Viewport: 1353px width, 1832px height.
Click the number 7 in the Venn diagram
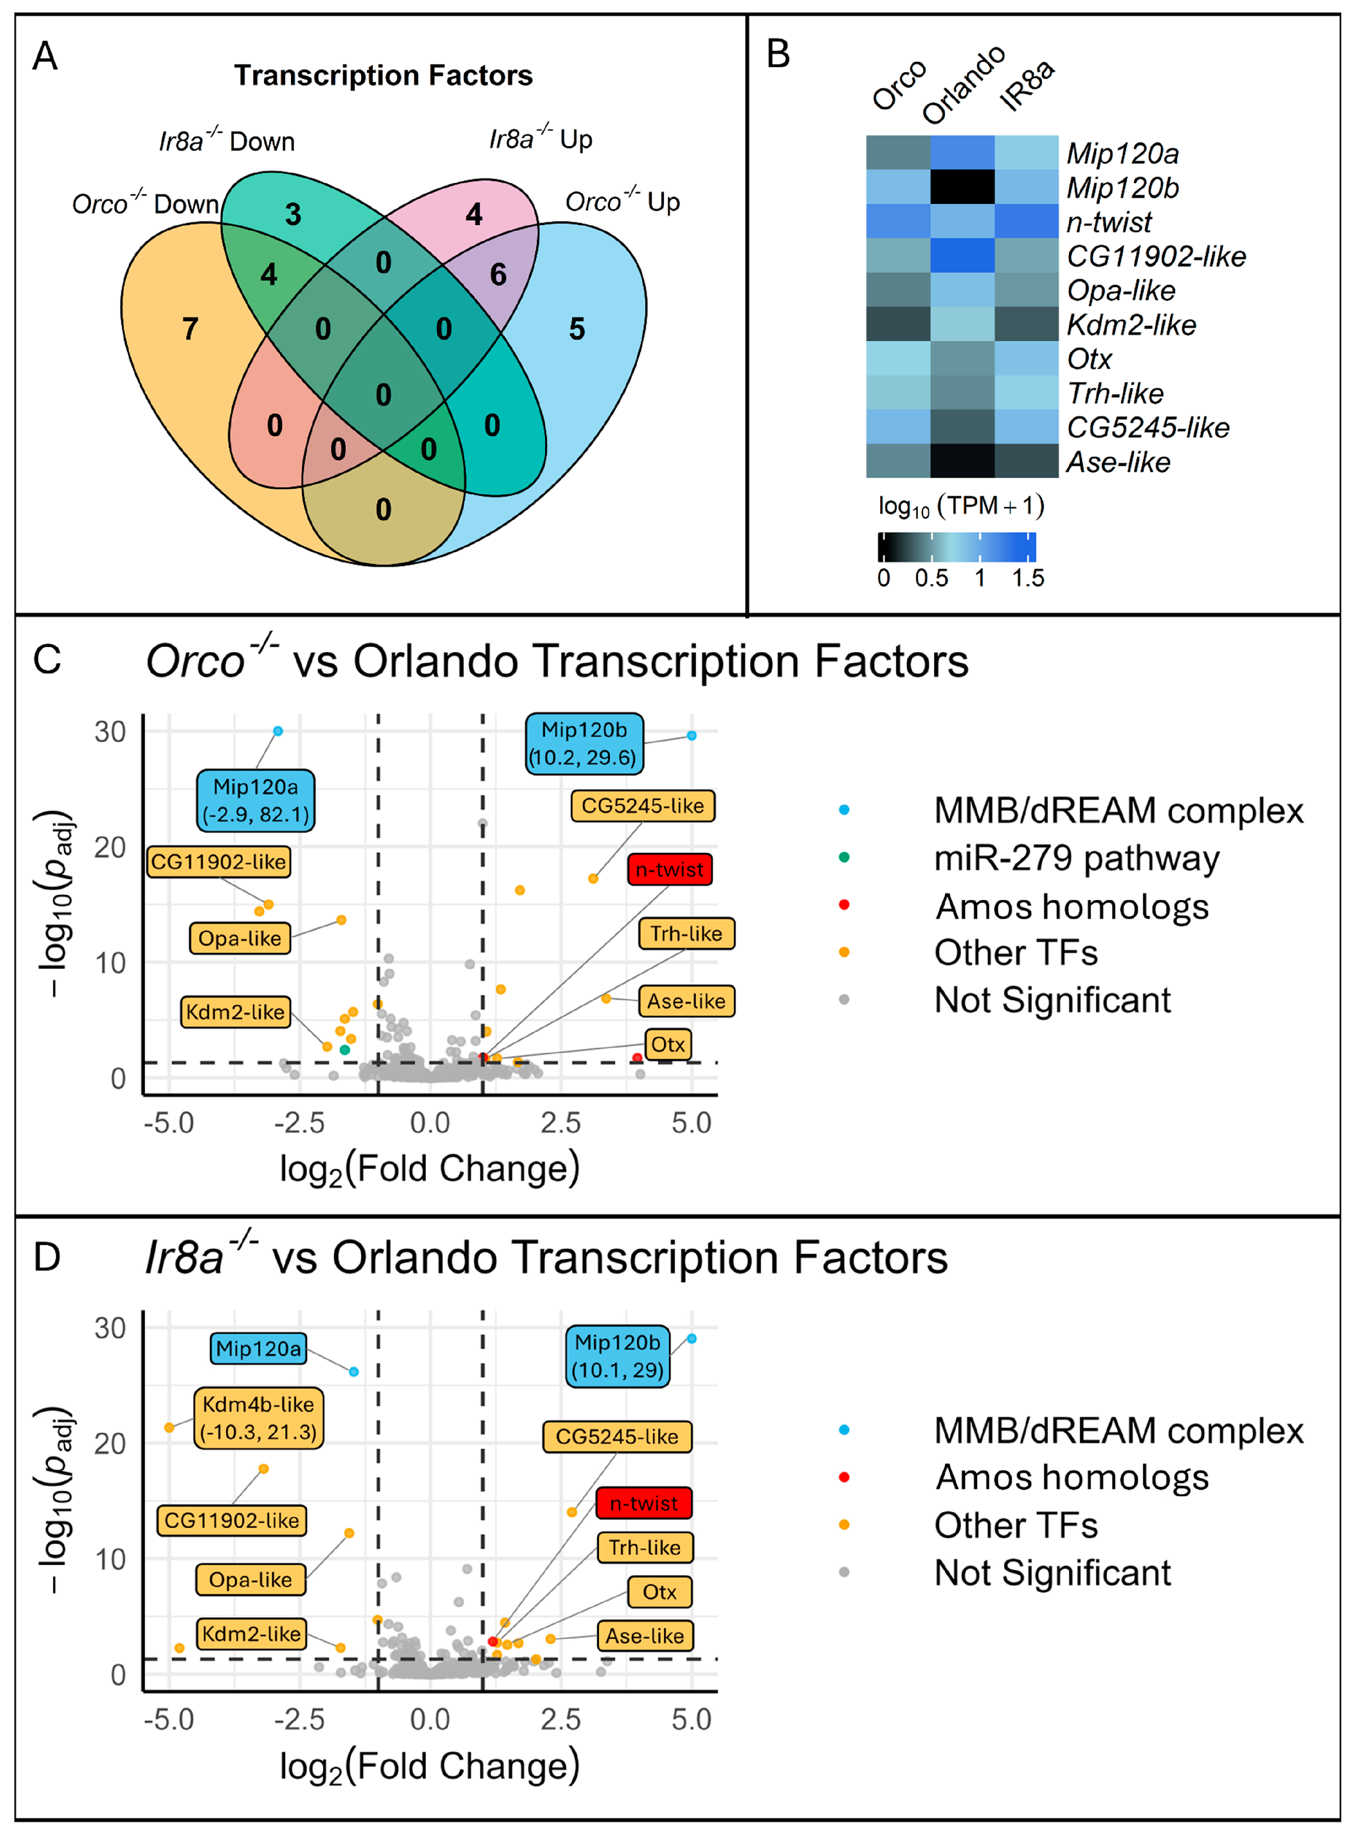[x=190, y=329]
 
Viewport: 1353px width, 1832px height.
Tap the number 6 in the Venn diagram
[x=498, y=275]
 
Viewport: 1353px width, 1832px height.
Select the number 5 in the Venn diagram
[x=577, y=329]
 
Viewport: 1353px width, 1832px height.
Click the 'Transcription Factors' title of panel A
[x=383, y=75]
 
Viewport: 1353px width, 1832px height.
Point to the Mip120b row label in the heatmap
[x=1122, y=188]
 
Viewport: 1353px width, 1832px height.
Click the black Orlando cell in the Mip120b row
[x=962, y=187]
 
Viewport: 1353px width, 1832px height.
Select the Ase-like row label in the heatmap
[x=1118, y=462]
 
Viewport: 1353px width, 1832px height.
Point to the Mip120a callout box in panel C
[x=255, y=800]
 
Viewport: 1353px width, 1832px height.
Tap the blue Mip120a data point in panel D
[x=354, y=1371]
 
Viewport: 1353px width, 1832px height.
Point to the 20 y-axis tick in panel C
[x=110, y=847]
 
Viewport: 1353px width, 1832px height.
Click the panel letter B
[x=777, y=54]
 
